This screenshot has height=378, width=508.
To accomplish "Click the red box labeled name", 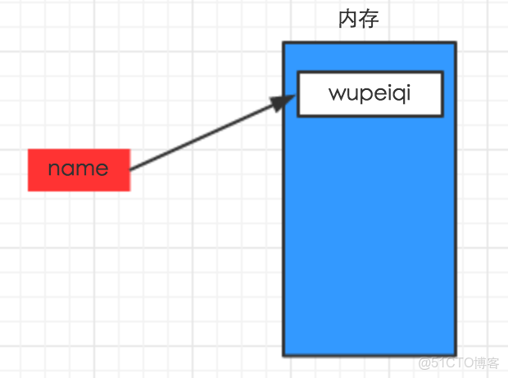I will [x=79, y=169].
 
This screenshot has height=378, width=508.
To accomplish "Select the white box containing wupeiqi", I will [x=370, y=93].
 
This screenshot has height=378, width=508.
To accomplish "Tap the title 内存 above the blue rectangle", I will [x=359, y=19].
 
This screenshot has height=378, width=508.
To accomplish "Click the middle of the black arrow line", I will [x=209, y=136].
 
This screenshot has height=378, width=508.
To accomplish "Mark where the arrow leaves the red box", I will [x=131, y=169].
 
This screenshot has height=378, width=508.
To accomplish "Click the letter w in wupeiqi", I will [x=337, y=93].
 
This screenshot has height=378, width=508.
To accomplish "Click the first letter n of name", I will [x=54, y=169].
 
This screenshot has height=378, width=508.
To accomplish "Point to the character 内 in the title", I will [x=348, y=19].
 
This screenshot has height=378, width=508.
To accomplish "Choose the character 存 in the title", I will [x=369, y=19].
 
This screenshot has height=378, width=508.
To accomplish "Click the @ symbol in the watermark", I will [x=424, y=362].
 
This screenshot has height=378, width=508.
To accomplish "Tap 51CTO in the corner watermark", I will [x=449, y=362].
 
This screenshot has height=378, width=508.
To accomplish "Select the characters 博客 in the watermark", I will [x=487, y=362].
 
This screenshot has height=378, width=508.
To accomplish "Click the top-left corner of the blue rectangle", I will [x=284, y=43].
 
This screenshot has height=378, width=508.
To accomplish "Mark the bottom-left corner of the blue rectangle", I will [x=284, y=355].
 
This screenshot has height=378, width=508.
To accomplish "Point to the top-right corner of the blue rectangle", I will [x=455, y=43].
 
